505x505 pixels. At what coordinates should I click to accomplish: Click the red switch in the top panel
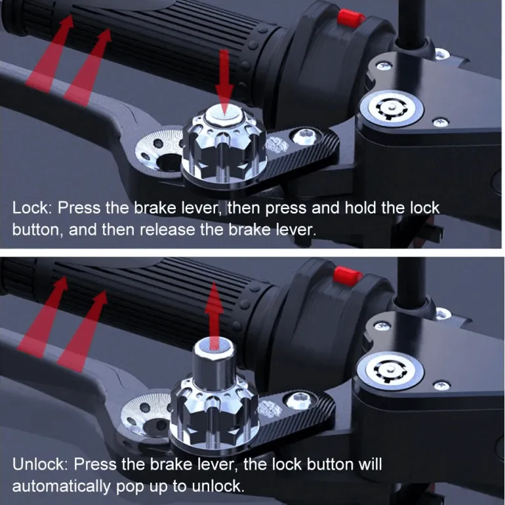coord(350,18)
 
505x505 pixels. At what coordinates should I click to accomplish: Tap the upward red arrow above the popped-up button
coord(214,315)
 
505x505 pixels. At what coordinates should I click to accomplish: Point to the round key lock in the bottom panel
coord(390,371)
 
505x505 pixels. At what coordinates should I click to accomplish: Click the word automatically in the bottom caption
coord(61,487)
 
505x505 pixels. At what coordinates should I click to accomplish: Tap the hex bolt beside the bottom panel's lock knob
coord(298,400)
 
